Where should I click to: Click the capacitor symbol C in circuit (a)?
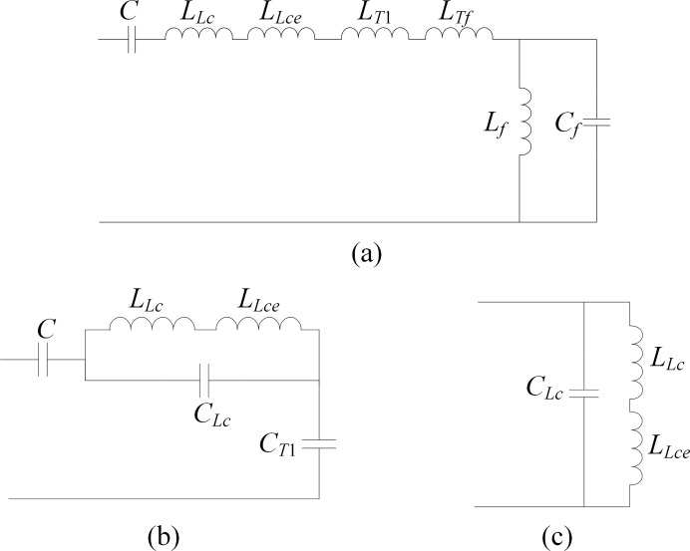(x=133, y=41)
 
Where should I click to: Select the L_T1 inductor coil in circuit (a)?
(x=375, y=36)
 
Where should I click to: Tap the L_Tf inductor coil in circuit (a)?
(x=459, y=36)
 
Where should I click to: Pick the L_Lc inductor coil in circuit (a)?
(x=198, y=36)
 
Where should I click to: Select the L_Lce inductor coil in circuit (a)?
(x=281, y=36)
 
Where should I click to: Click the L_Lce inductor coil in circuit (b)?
(x=259, y=328)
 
